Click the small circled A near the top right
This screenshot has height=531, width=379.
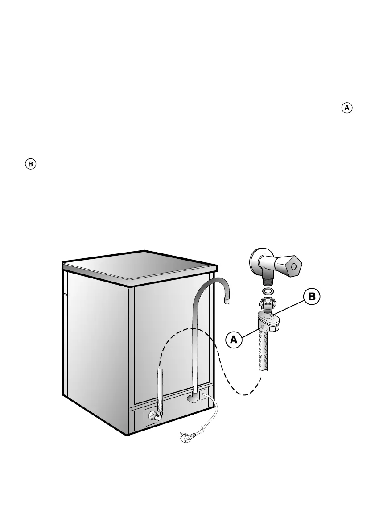347,108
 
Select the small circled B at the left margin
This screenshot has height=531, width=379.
30,164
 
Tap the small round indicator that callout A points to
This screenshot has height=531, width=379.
264,327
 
